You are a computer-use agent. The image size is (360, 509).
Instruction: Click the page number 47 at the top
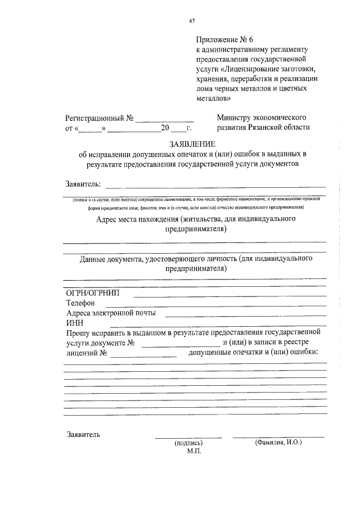tap(192, 21)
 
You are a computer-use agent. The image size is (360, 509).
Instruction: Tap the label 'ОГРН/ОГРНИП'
tap(92, 294)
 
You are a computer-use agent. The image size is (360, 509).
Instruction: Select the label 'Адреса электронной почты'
tap(111, 313)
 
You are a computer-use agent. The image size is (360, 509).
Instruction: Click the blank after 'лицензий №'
tap(144, 354)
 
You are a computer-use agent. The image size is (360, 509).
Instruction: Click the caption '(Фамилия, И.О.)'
tap(278, 443)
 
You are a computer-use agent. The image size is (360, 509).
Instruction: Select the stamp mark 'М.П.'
tap(194, 451)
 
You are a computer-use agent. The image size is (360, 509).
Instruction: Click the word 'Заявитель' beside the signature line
tap(83, 435)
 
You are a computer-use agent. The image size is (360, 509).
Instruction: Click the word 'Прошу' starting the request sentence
tap(76, 333)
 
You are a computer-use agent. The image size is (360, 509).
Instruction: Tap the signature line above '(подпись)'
tap(188, 437)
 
